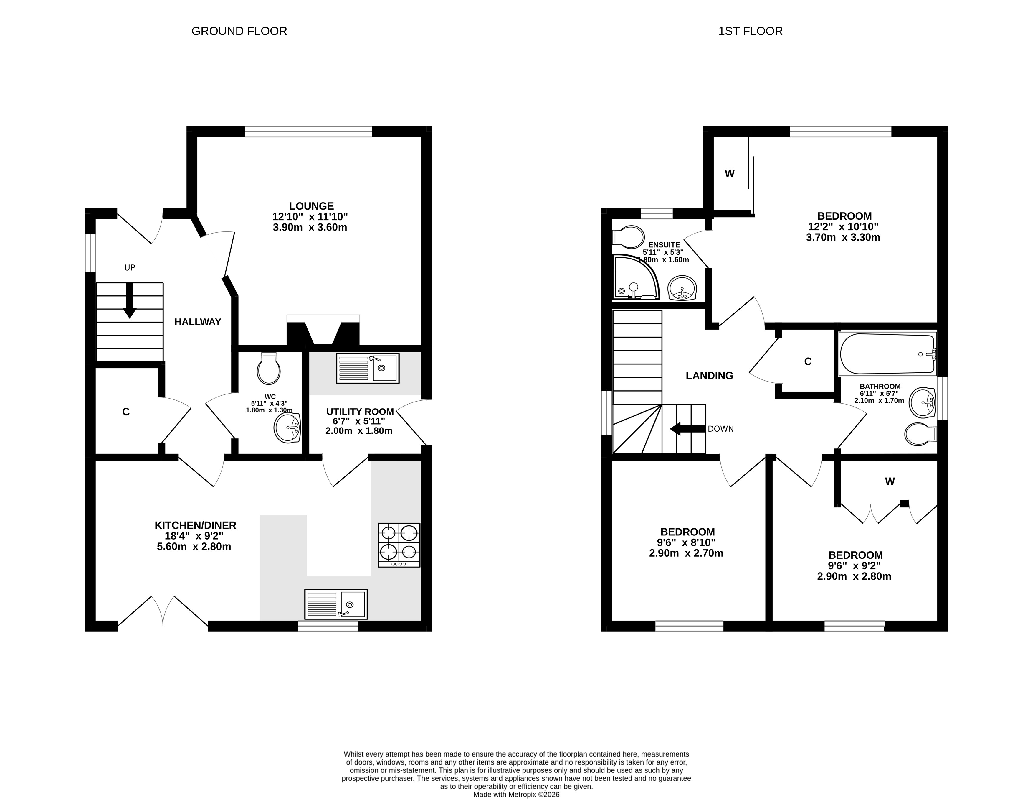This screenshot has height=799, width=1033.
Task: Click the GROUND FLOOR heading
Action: (x=239, y=31)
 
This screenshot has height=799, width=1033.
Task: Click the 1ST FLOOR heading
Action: (x=750, y=31)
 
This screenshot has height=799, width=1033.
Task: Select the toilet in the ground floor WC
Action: (x=269, y=368)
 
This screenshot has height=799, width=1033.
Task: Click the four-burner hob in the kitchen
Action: (x=399, y=545)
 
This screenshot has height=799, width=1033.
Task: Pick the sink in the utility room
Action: (x=368, y=368)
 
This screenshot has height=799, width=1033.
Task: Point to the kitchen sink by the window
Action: (x=336, y=604)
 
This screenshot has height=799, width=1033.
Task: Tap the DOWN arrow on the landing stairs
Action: (x=688, y=429)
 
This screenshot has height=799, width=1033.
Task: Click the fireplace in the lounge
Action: (x=323, y=330)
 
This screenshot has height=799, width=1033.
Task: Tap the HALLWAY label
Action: (x=198, y=322)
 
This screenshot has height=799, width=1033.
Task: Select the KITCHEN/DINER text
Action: (x=195, y=525)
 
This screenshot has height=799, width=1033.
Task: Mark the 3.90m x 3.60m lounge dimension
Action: (x=310, y=228)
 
